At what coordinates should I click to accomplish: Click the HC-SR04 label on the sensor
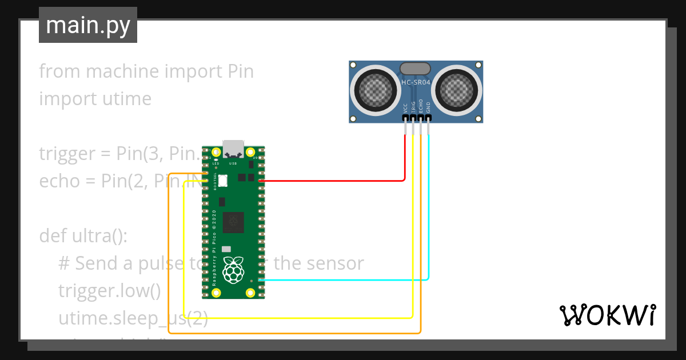(x=416, y=82)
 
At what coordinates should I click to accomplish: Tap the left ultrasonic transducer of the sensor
(x=376, y=89)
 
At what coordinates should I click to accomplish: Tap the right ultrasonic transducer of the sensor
(x=457, y=89)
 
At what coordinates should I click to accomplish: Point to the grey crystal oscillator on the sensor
(x=416, y=69)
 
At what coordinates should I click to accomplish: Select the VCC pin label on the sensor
(x=405, y=107)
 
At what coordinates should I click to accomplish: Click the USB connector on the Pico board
(x=233, y=149)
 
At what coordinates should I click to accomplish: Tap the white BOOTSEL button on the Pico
(x=222, y=180)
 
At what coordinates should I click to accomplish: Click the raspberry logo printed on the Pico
(x=233, y=270)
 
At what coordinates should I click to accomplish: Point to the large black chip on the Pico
(x=233, y=222)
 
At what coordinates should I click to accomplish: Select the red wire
(x=343, y=181)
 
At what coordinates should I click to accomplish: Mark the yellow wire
(x=297, y=317)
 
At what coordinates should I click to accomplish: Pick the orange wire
(x=297, y=333)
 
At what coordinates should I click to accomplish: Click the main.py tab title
(x=88, y=25)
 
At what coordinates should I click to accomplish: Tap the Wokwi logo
(x=607, y=315)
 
